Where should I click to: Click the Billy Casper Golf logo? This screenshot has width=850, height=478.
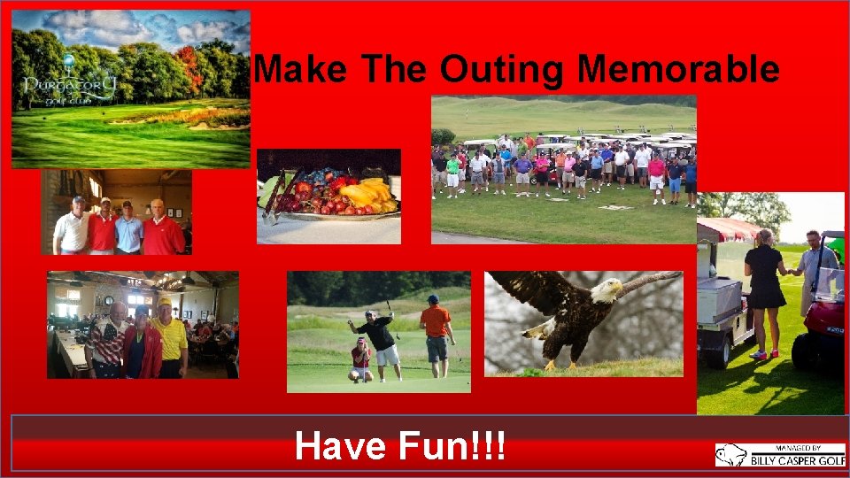point(779,455)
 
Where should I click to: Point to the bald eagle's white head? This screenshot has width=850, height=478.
point(607,289)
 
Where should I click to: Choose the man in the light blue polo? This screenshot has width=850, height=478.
point(129,229)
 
